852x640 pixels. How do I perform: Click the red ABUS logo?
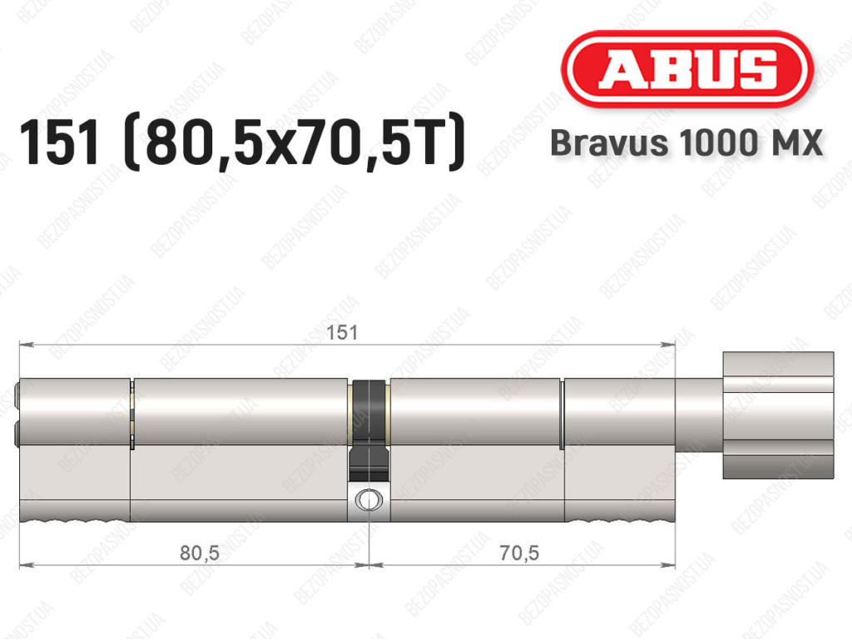click(686, 69)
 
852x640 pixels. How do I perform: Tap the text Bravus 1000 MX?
click(686, 143)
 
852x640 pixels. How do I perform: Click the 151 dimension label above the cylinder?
click(342, 333)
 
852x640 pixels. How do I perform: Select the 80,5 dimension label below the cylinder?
click(200, 553)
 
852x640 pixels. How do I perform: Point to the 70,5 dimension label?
click(519, 553)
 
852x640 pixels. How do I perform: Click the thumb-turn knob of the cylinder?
click(778, 415)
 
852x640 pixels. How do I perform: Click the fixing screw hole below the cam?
click(369, 499)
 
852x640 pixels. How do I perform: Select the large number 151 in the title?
click(60, 142)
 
